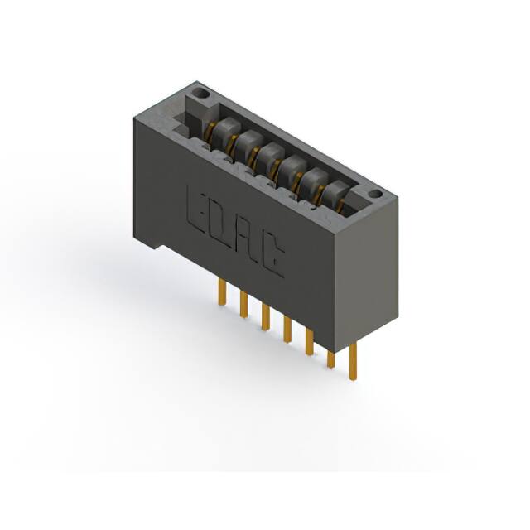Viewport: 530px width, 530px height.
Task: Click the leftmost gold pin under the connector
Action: [222, 292]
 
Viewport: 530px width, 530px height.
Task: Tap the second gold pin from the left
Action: [243, 305]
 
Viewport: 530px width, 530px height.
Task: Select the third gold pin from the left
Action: [266, 317]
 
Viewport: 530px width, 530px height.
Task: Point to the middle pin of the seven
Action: [287, 330]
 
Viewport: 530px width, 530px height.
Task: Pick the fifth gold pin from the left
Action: [309, 342]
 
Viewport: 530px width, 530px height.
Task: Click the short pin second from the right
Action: [331, 359]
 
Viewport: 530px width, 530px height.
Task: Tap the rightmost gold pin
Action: [353, 362]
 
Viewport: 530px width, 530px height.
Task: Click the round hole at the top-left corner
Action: [200, 94]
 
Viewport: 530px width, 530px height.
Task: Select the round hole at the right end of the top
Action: [375, 195]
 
